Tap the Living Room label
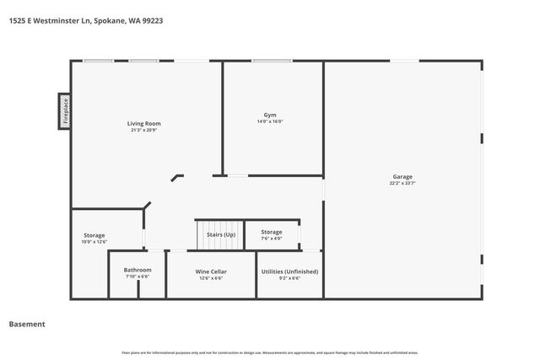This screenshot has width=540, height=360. pos(144,124)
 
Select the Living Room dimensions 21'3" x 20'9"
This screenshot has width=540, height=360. pos(144,130)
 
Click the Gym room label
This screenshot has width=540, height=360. pos(270,115)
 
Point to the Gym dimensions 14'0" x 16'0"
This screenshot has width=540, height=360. pos(270,121)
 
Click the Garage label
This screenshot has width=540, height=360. pos(402,176)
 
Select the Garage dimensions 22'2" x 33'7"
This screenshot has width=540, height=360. pos(402,183)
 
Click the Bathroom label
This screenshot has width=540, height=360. pos(138,270)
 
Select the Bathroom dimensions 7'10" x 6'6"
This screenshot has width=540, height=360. pos(138,276)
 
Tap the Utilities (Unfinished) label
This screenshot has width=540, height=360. pos(289,271)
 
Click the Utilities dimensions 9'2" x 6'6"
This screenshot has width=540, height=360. pos(289,277)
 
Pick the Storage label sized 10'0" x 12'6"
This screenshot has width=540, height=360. pos(94,235)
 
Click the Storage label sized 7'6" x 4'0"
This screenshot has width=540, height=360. pos(271,232)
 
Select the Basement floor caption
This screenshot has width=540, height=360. pos(27,324)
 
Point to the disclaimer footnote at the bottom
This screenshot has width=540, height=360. pos(270,352)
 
